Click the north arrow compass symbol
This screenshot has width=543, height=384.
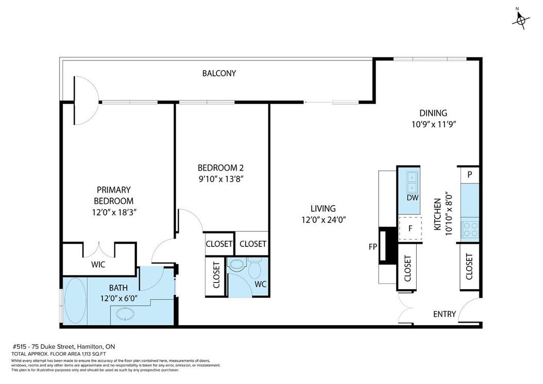(x=520, y=20)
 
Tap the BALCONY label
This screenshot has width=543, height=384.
(x=219, y=74)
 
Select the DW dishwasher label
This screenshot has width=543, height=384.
(x=413, y=198)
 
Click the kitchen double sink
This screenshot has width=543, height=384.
(x=412, y=182)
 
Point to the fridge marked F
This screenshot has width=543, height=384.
(x=411, y=228)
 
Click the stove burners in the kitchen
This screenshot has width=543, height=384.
(x=470, y=229)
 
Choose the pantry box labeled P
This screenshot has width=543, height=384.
(x=470, y=175)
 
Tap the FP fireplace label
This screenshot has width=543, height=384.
(x=372, y=247)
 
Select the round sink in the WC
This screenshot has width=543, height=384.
(x=237, y=265)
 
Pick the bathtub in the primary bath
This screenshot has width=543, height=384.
(x=76, y=301)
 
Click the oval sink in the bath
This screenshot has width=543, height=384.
(x=125, y=314)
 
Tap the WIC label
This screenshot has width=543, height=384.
(x=98, y=265)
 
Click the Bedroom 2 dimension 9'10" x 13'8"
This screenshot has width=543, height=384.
(x=220, y=179)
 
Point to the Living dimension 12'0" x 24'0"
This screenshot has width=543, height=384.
(x=324, y=220)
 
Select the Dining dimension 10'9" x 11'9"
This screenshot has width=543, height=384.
(x=433, y=124)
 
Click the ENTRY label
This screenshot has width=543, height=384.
(x=444, y=314)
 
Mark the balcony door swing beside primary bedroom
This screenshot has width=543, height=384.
(x=87, y=101)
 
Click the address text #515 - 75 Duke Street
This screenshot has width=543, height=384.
(x=63, y=346)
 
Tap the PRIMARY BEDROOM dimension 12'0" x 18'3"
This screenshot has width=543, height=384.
(x=114, y=212)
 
